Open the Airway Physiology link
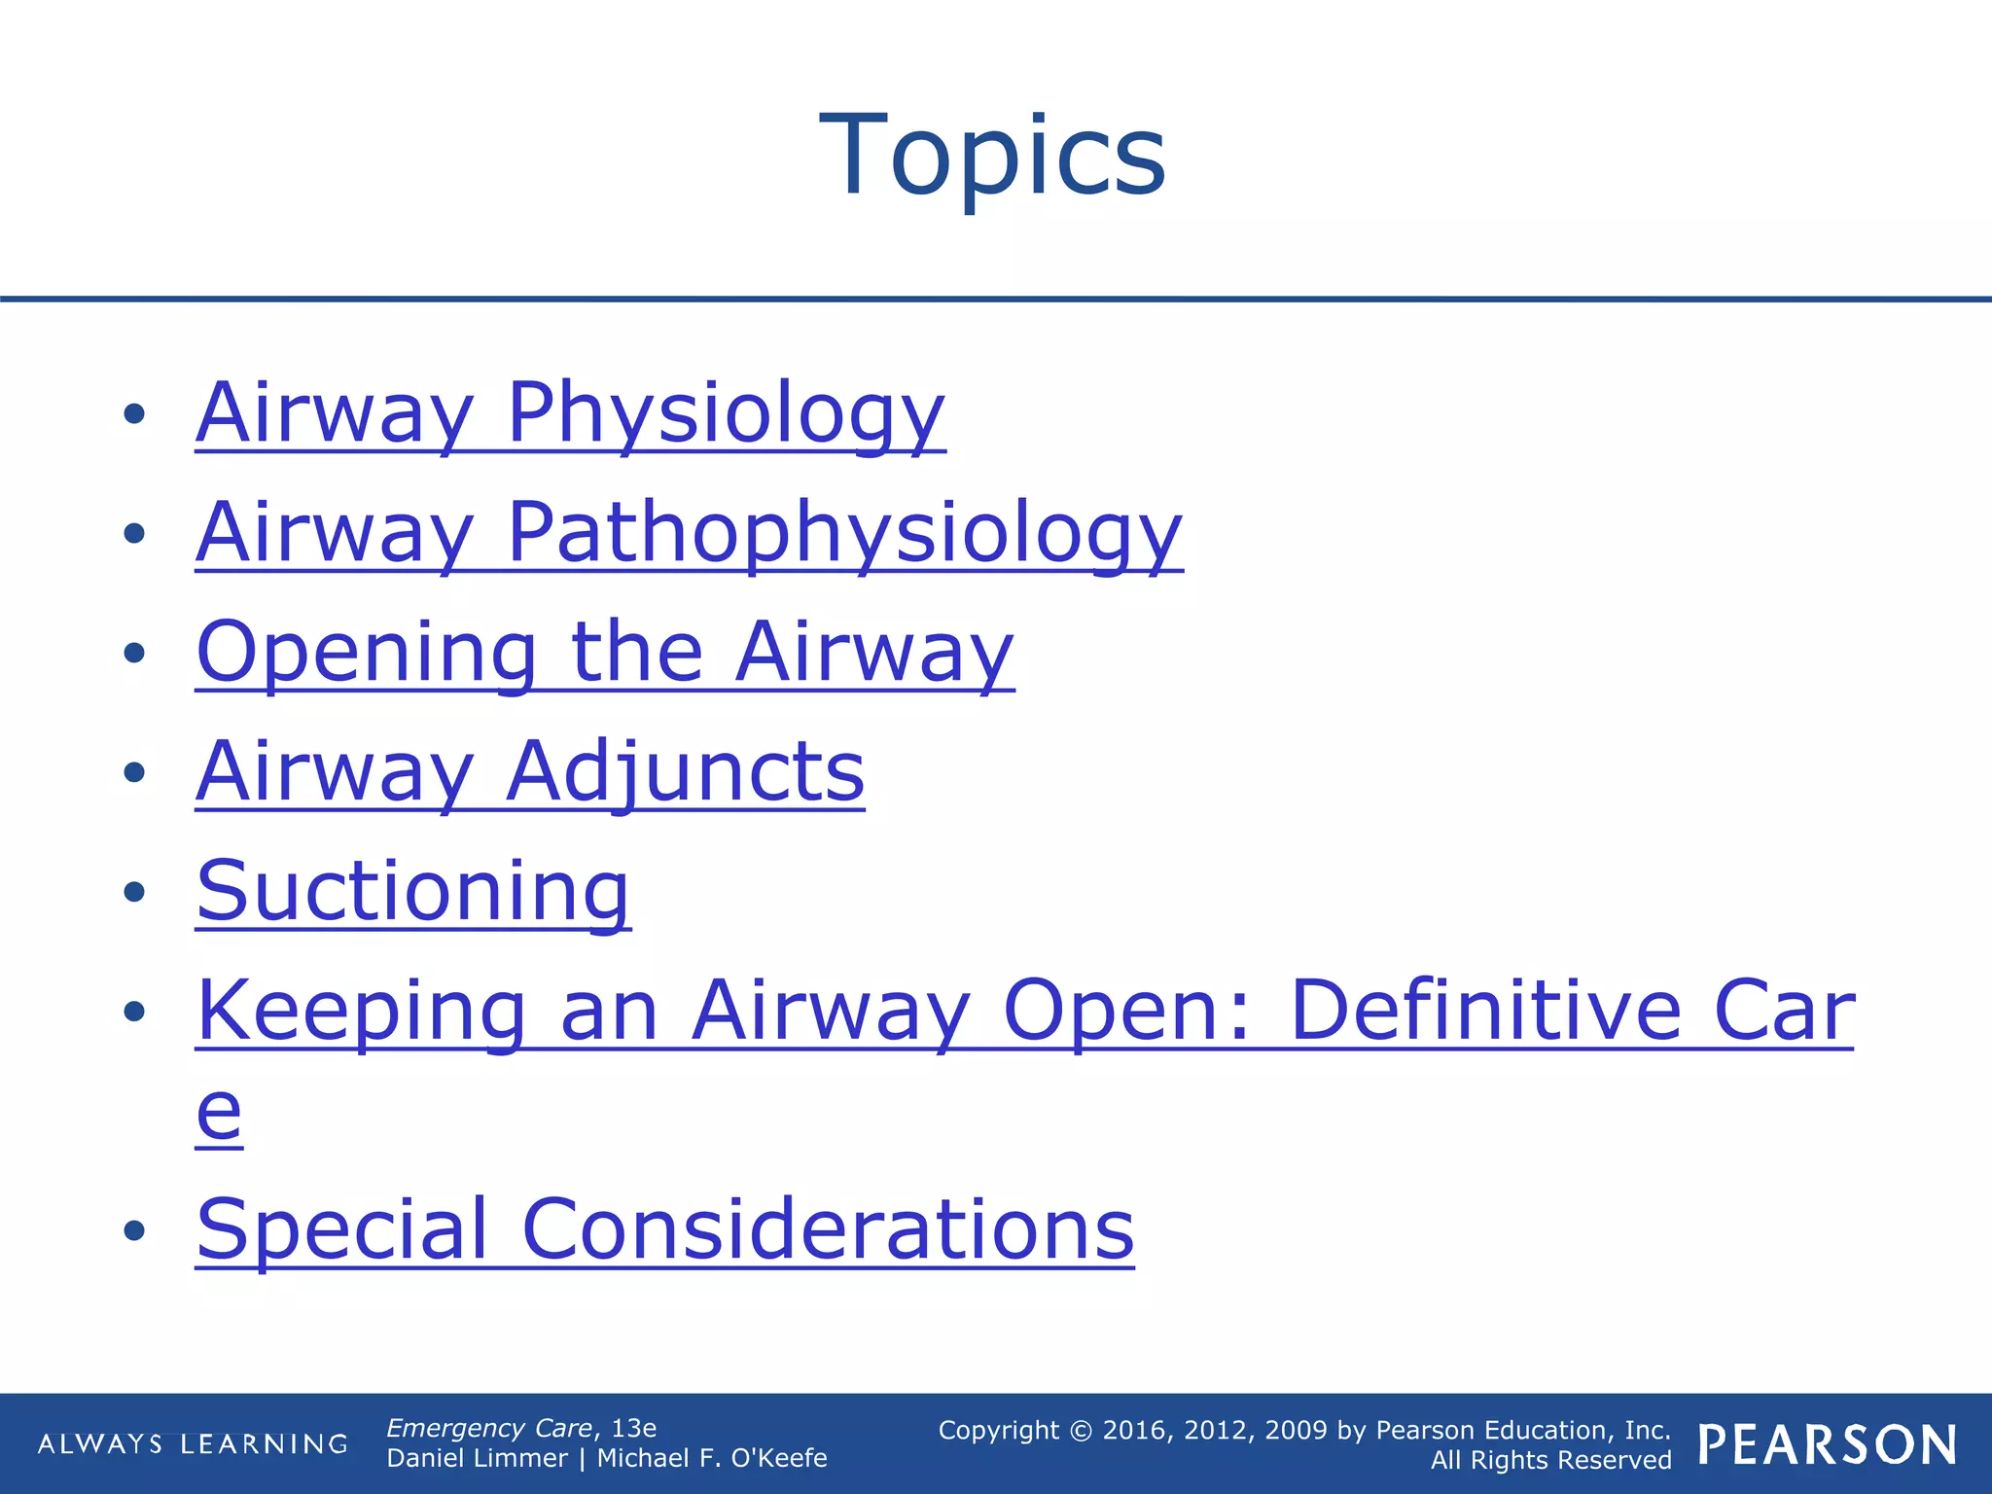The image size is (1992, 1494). point(570,413)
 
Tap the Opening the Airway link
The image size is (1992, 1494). point(605,653)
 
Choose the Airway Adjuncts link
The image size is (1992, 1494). point(530,772)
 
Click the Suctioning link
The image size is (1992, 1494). point(413,892)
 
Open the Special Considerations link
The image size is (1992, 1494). point(665,1229)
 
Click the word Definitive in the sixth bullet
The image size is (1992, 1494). point(1485,1012)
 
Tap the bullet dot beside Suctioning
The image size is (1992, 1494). point(134,892)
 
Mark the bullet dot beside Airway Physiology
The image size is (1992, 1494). point(134,413)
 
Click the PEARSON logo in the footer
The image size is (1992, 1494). point(1828,1445)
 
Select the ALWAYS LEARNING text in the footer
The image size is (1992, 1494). point(193,1444)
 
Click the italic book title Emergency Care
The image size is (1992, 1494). point(489,1428)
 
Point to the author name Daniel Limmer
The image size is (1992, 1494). point(477,1458)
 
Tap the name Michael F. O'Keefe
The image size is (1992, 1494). point(712,1458)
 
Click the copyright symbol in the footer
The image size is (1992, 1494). point(1081,1431)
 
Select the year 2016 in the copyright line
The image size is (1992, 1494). point(1134,1431)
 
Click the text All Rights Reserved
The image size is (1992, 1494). point(1550,1460)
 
